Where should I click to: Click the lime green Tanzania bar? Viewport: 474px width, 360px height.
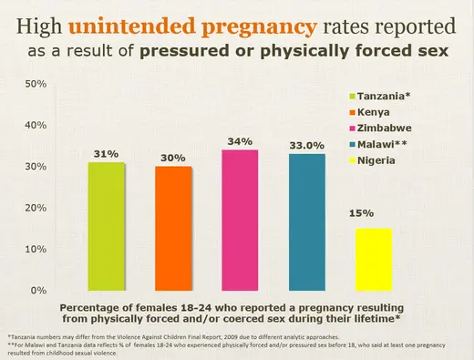point(107,226)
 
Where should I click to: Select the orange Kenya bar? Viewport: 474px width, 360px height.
point(173,228)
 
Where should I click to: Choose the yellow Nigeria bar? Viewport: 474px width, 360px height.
point(373,259)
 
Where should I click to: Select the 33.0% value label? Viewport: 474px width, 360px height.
point(307,146)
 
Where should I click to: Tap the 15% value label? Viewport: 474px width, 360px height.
point(361,213)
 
